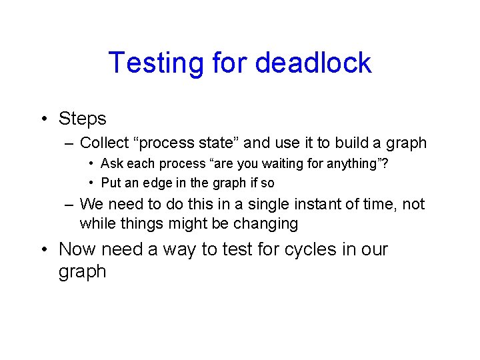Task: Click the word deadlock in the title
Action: click(x=313, y=63)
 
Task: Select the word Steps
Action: click(x=83, y=119)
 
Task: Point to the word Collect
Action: click(x=103, y=143)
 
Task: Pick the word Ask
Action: click(x=111, y=164)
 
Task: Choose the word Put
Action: click(x=111, y=183)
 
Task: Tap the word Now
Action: click(x=77, y=249)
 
